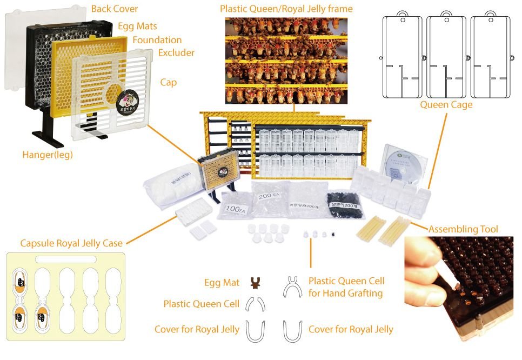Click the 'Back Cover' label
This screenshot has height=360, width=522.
(x=114, y=9)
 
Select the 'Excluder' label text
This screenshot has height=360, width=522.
(x=176, y=52)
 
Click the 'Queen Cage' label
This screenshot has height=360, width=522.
(x=446, y=105)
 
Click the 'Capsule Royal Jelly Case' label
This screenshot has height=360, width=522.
(x=71, y=243)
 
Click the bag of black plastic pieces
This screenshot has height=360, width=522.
(x=343, y=204)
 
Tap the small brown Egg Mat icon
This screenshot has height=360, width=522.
(x=256, y=282)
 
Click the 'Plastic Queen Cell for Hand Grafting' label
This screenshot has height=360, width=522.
(x=346, y=287)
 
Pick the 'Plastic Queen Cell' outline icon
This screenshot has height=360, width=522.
(x=256, y=305)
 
